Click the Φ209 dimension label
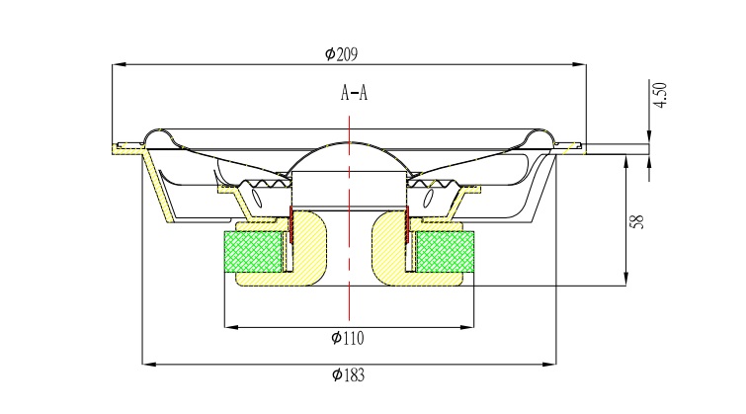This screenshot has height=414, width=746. point(341,54)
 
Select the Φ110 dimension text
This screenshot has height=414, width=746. point(348,338)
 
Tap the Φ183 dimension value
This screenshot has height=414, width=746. point(348,375)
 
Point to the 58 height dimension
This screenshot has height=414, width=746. point(637,221)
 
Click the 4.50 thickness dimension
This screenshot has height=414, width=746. point(660,95)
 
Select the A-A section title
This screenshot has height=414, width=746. point(354,92)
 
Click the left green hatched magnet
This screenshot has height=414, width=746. point(253,252)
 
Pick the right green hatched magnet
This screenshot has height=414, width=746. point(446,252)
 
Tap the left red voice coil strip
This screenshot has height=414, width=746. point(290,223)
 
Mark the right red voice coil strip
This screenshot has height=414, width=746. point(407,223)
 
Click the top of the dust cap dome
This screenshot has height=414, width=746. point(349,142)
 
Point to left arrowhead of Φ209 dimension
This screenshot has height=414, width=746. point(120,64)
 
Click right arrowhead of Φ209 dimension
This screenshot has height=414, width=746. point(579,64)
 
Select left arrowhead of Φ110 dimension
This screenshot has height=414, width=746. point(231,327)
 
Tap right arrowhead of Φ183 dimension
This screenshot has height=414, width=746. point(549,365)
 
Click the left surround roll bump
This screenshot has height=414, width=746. point(158,136)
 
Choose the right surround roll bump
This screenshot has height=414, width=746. point(540,136)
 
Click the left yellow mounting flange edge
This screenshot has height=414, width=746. point(127,149)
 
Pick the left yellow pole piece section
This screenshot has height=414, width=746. point(307,248)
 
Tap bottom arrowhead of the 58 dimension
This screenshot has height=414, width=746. point(625,279)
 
